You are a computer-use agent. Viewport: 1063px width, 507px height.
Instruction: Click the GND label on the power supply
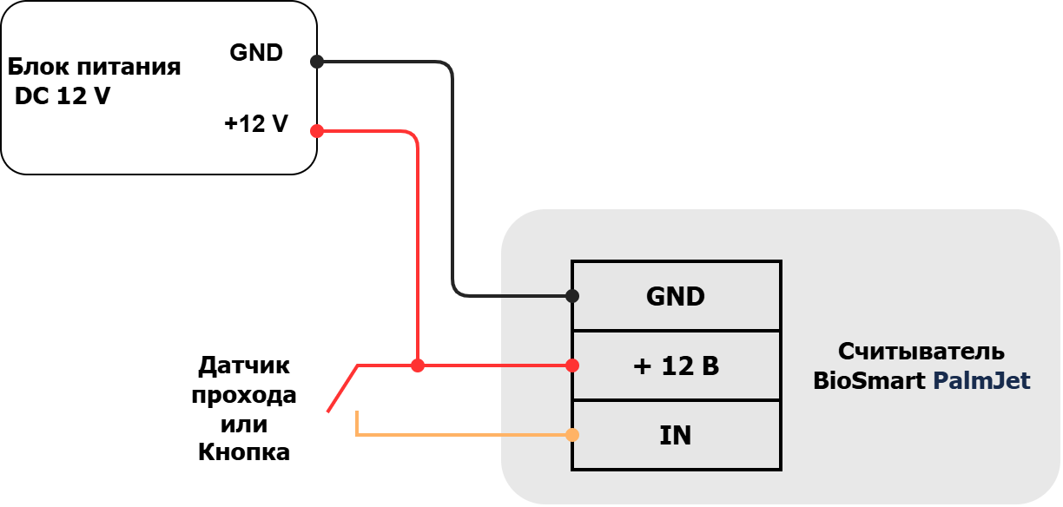[x=256, y=53]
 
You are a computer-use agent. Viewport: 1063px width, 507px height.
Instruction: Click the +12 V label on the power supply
[x=256, y=124]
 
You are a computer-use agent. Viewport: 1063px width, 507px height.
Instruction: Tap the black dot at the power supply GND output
[x=317, y=62]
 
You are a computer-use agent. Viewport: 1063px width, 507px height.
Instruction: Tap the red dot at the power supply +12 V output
[x=317, y=131]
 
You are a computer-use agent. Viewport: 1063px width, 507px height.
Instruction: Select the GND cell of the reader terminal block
[x=677, y=296]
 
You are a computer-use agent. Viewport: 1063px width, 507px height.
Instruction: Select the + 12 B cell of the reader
[x=677, y=365]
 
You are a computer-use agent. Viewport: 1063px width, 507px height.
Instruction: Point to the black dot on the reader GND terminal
[x=572, y=296]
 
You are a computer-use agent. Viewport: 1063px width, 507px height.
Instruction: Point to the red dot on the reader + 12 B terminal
[x=572, y=365]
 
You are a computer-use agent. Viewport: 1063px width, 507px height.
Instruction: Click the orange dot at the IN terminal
[x=572, y=435]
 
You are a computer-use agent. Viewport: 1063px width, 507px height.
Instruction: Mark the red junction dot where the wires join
[x=418, y=365]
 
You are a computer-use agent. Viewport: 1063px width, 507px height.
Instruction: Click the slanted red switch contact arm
[x=342, y=389]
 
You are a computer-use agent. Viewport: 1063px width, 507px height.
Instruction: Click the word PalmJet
[x=981, y=381]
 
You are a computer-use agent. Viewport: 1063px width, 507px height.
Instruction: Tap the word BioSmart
[x=869, y=381]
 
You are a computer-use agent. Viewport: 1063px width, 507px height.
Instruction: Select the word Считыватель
[x=921, y=352]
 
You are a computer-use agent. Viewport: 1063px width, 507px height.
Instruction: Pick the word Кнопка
[x=244, y=452]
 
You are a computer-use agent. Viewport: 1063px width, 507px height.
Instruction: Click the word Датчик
[x=244, y=365]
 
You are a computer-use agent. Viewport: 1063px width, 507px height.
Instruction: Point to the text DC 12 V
[x=63, y=95]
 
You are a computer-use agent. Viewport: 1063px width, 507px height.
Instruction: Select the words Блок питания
[x=94, y=67]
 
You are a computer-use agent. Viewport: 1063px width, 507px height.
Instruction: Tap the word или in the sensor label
[x=244, y=424]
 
